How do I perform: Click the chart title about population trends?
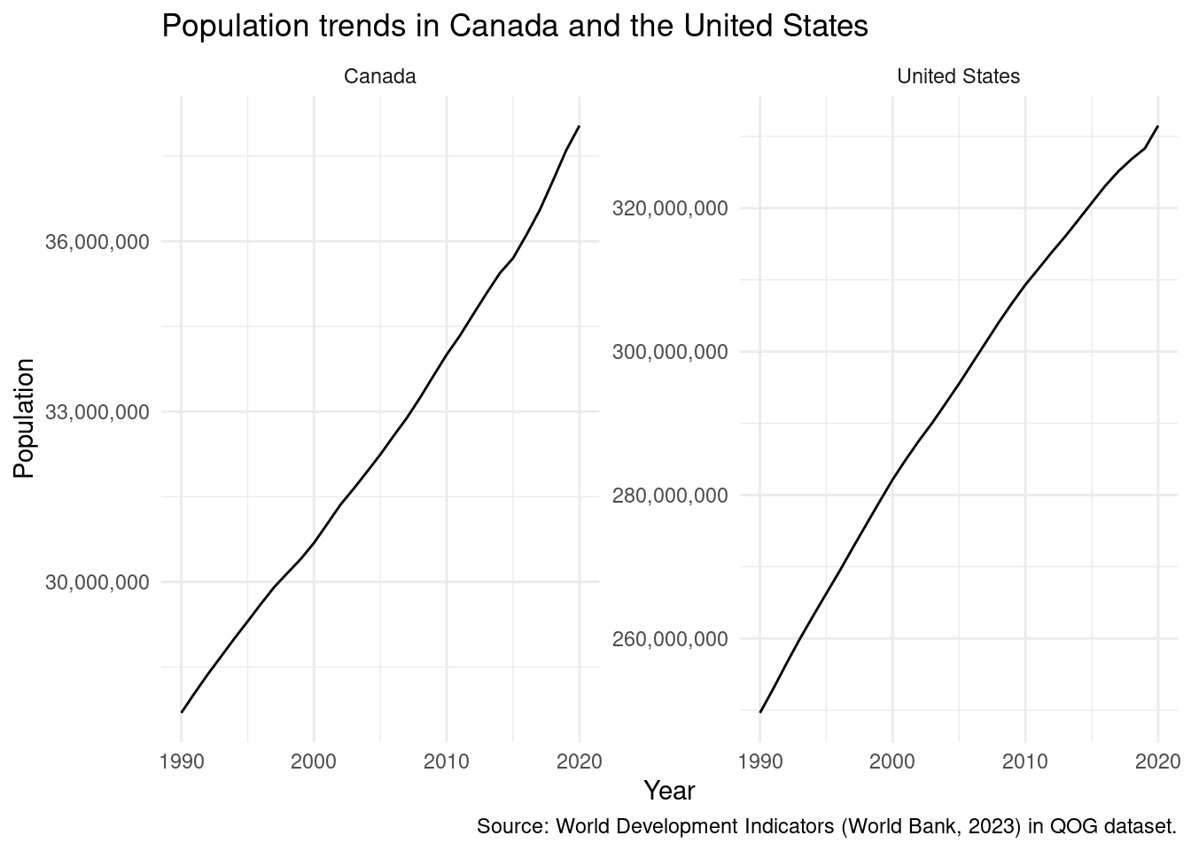pos(514,27)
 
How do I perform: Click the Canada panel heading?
pos(379,76)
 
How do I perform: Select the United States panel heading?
pos(958,76)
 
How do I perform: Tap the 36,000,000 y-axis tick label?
pos(97,241)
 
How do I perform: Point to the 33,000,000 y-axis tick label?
pos(97,411)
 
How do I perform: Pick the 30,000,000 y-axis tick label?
pos(97,582)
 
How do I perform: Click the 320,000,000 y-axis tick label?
pos(670,208)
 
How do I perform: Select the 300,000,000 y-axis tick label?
pos(670,352)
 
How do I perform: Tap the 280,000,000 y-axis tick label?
pos(670,496)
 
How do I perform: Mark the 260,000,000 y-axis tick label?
pos(670,639)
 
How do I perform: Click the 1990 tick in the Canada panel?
pos(182,761)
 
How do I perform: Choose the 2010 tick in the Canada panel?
pos(447,761)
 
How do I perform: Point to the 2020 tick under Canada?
pos(580,761)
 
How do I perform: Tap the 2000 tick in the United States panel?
pos(892,761)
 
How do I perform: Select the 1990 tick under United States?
pos(760,761)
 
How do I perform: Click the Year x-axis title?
pos(669,791)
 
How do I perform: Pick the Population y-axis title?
pos(24,418)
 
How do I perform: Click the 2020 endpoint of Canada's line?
pos(579,127)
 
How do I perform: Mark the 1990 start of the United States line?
pos(760,712)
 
